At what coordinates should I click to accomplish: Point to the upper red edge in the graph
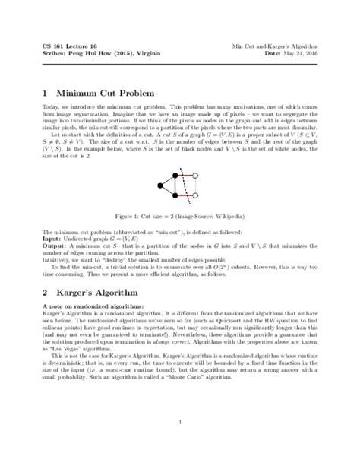click(x=189, y=176)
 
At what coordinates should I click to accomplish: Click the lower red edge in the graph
click(x=189, y=195)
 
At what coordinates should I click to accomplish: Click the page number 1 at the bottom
click(x=180, y=422)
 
